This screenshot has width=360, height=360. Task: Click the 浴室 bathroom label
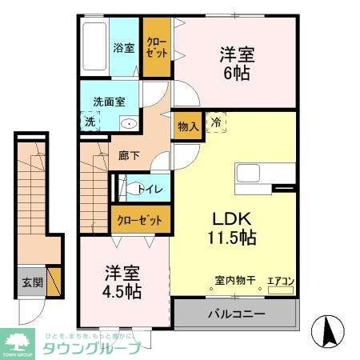click(123, 47)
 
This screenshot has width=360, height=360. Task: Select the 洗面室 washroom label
click(109, 102)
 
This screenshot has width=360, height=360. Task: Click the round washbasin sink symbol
click(128, 124)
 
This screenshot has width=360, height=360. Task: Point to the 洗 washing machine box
click(89, 122)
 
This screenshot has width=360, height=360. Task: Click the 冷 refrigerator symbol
click(215, 122)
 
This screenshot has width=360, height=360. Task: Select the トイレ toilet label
click(150, 190)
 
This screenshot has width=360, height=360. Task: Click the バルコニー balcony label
click(237, 314)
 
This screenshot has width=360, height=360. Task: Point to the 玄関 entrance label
click(31, 282)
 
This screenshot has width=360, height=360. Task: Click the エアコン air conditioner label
click(281, 281)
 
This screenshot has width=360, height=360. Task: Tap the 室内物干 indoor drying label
click(234, 280)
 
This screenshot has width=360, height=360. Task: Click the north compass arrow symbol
click(328, 330)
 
